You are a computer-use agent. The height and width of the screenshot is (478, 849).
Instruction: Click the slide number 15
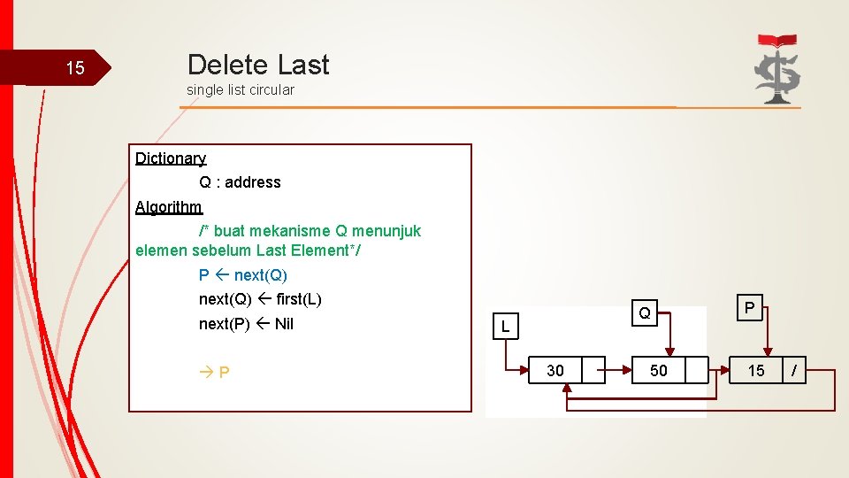(75, 68)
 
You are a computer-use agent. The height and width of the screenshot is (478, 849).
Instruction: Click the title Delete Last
(258, 65)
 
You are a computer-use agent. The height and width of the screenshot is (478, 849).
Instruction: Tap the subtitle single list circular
(241, 89)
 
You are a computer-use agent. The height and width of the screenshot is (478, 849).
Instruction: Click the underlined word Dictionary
(171, 158)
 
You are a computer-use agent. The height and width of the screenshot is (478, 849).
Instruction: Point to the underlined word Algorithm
(169, 207)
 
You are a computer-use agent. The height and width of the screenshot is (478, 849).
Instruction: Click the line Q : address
(240, 182)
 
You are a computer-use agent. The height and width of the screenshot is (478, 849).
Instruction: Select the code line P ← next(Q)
(243, 275)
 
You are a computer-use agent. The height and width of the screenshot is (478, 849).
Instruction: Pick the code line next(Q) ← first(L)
(260, 299)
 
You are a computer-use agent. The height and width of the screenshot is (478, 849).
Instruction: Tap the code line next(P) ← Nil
(246, 324)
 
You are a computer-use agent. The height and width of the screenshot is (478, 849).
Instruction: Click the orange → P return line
(215, 372)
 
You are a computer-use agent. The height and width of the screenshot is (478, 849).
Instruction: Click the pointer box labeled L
(505, 327)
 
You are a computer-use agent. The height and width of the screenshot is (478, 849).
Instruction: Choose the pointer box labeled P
(749, 308)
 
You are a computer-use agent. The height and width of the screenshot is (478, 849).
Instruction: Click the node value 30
(555, 371)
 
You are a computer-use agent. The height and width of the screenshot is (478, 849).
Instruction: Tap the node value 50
(659, 371)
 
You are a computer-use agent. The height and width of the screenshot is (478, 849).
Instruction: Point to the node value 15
(756, 371)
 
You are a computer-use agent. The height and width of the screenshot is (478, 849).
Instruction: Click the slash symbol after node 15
(794, 371)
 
